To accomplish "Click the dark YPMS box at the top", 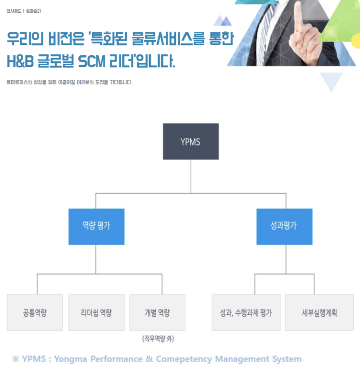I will pyautogui.click(x=190, y=141).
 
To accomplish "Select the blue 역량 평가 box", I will pyautogui.click(x=96, y=226).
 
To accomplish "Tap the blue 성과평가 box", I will pyautogui.click(x=284, y=226).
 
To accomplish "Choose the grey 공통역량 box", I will pyautogui.click(x=35, y=312).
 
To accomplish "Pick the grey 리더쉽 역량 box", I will pyautogui.click(x=96, y=312).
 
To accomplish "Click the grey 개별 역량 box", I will pyautogui.click(x=157, y=312).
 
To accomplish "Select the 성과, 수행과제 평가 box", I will pyautogui.click(x=246, y=312).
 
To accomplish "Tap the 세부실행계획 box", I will pyautogui.click(x=319, y=312).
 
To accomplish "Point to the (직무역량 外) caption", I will pyautogui.click(x=157, y=338).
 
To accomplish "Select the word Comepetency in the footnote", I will pyautogui.click(x=183, y=359).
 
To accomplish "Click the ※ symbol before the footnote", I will pyautogui.click(x=15, y=359).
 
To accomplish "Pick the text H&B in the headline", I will pyautogui.click(x=24, y=61).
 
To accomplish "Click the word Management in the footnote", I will pyautogui.click(x=242, y=359).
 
